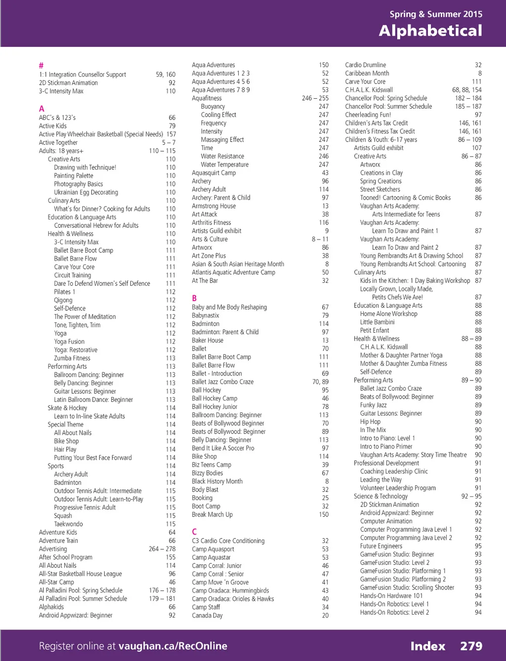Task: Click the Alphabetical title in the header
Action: [x=430, y=31]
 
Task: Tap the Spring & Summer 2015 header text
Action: [x=436, y=14]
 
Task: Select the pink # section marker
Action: [x=41, y=65]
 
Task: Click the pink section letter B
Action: [x=194, y=298]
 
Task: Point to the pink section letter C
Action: [x=194, y=532]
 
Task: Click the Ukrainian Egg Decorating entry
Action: [x=86, y=193]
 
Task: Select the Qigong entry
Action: [x=63, y=300]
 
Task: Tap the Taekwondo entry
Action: [x=68, y=524]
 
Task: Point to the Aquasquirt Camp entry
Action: [x=213, y=173]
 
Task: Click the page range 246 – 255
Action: [x=315, y=98]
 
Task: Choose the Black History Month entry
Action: [x=217, y=481]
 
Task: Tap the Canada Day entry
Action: [x=207, y=616]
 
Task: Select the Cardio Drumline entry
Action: [x=365, y=65]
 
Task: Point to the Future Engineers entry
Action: [x=381, y=546]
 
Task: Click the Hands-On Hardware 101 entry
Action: [x=391, y=596]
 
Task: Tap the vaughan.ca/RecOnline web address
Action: [x=173, y=646]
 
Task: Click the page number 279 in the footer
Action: [x=471, y=646]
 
